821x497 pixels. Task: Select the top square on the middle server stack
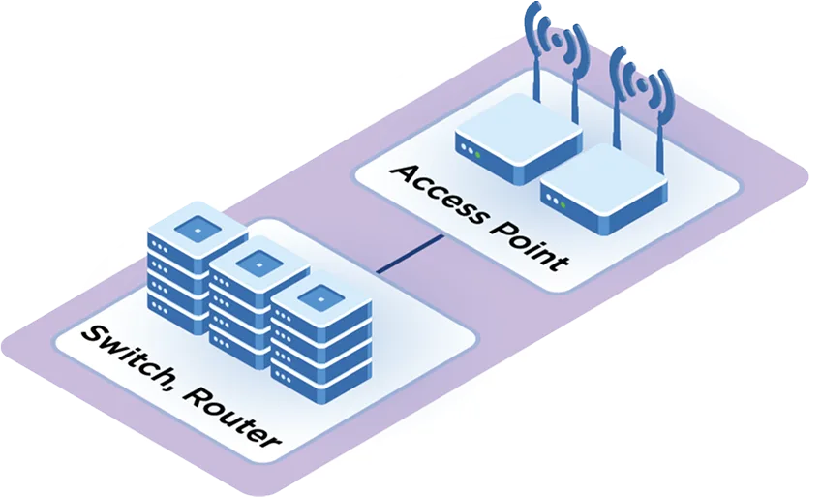click(x=258, y=261)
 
